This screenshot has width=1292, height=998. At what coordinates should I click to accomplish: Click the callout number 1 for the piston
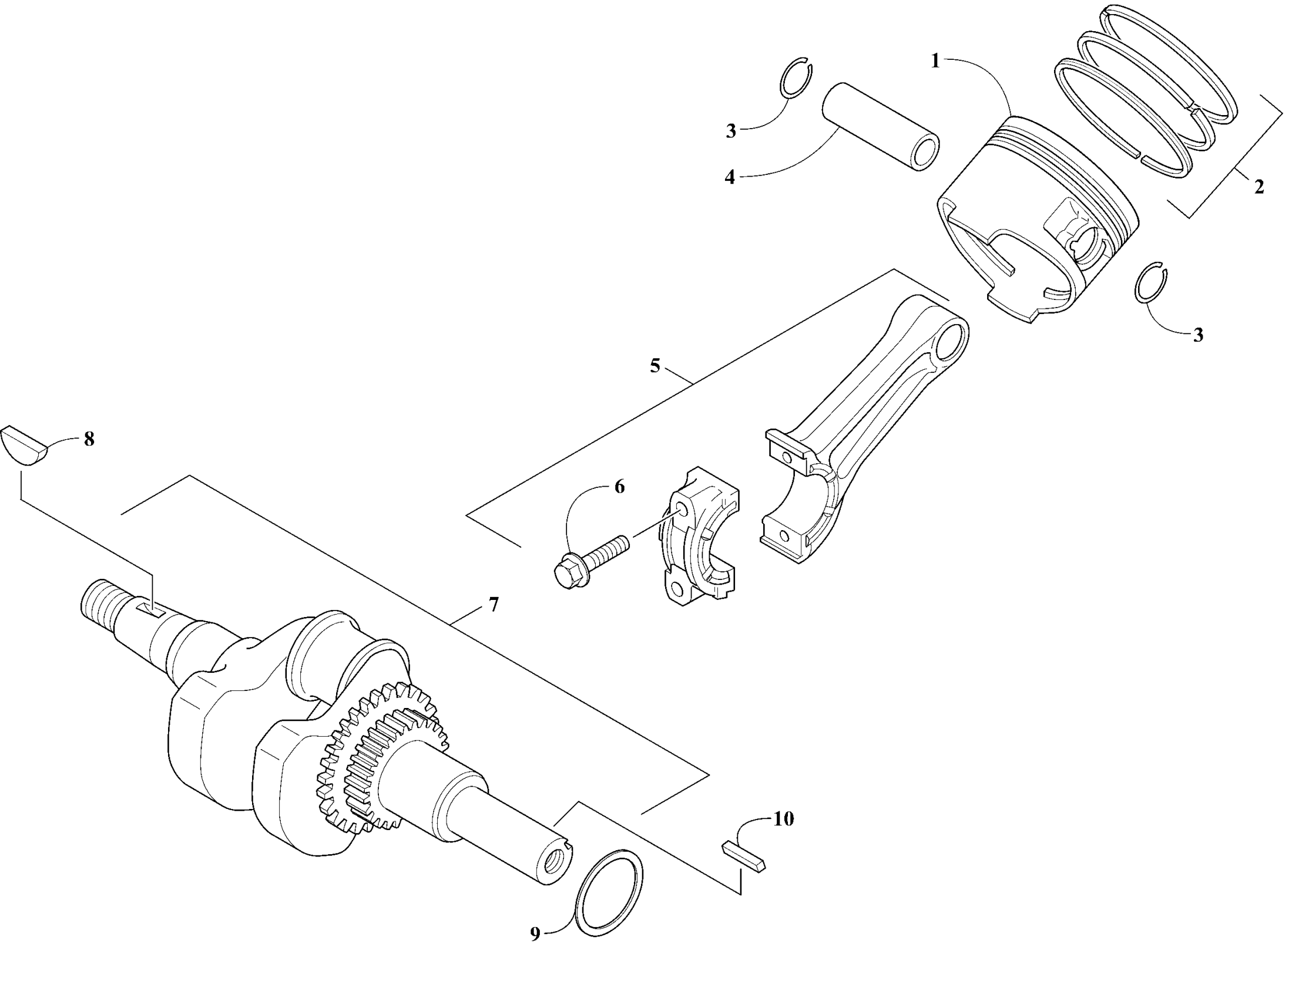click(x=935, y=61)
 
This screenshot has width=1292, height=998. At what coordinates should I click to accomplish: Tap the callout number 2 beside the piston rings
click(x=1259, y=187)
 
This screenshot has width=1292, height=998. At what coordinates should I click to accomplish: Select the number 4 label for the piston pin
click(x=730, y=177)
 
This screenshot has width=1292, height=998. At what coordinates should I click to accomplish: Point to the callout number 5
click(x=655, y=366)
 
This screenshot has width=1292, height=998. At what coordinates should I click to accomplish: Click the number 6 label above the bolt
click(x=619, y=487)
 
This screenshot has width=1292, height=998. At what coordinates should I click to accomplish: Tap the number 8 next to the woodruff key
click(x=89, y=439)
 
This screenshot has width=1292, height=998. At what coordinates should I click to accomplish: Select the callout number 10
click(x=784, y=819)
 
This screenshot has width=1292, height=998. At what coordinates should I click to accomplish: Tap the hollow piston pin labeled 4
click(x=880, y=127)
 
